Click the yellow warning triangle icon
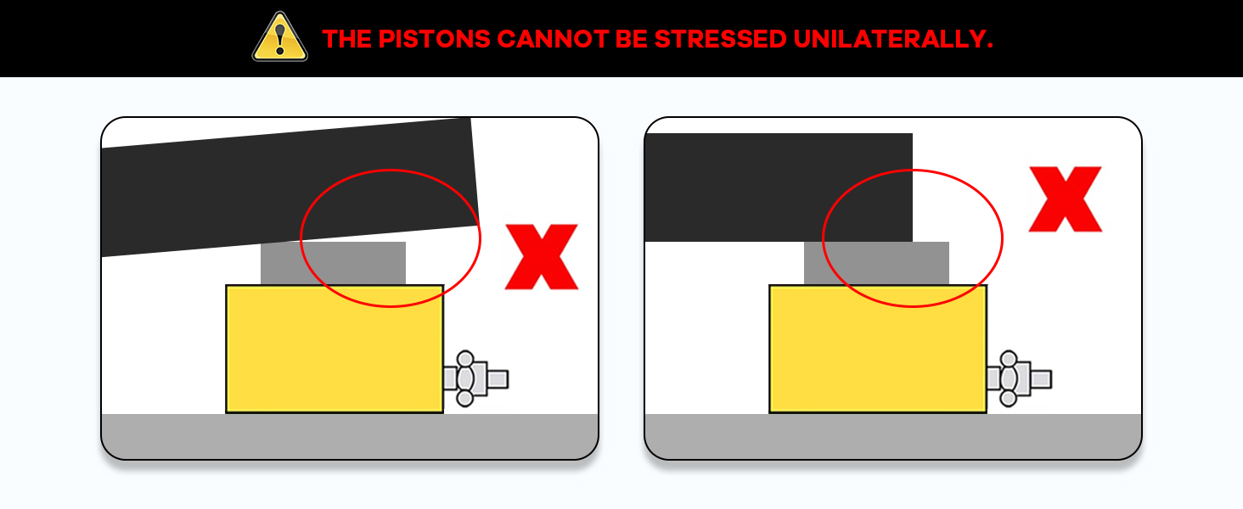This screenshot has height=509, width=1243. (279, 37)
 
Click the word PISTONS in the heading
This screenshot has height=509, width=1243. (435, 39)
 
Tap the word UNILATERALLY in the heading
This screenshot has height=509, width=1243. (893, 39)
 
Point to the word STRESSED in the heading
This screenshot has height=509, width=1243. (721, 39)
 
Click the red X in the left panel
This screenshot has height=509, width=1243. (542, 257)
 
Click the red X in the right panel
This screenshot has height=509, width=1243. (1066, 199)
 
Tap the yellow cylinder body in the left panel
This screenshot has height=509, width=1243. (335, 349)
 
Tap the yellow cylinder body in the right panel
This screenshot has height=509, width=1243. (878, 349)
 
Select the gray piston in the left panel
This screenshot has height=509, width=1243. (333, 264)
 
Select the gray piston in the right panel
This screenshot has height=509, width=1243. (877, 264)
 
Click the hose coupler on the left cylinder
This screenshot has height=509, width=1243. (475, 379)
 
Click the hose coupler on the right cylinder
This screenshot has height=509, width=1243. (1019, 379)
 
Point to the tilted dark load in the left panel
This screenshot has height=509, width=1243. (289, 187)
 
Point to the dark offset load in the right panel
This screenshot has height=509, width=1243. (779, 187)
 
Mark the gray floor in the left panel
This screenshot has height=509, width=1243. (350, 436)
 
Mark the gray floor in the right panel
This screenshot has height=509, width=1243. (893, 436)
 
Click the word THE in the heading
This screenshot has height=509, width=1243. (346, 39)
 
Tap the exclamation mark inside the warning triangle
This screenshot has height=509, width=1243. (279, 39)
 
